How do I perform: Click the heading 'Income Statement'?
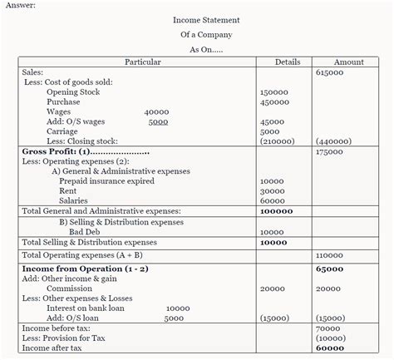pyautogui.click(x=206, y=19)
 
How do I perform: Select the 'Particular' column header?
pyautogui.click(x=142, y=62)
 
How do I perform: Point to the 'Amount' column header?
pyautogui.click(x=348, y=62)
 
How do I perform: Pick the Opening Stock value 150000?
pyautogui.click(x=274, y=92)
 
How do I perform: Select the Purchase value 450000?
pyautogui.click(x=274, y=102)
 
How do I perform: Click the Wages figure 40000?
pyautogui.click(x=156, y=111)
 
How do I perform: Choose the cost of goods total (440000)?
pyautogui.click(x=333, y=141)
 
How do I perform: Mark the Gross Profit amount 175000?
pyautogui.click(x=330, y=152)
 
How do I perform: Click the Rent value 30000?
pyautogui.click(x=272, y=191)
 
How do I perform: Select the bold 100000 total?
pyautogui.click(x=277, y=211)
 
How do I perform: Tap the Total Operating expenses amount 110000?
pyautogui.click(x=330, y=255)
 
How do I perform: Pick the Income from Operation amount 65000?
pyautogui.click(x=330, y=269)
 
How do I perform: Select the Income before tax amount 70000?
pyautogui.click(x=329, y=328)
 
